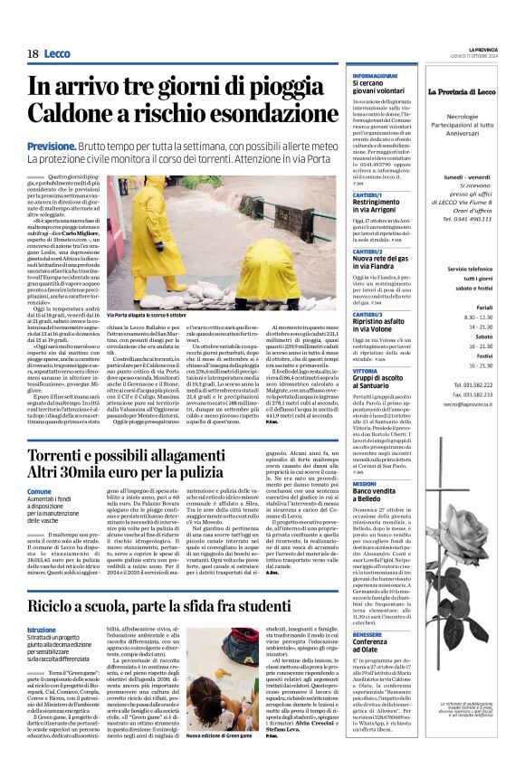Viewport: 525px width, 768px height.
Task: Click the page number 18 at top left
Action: coord(33,54)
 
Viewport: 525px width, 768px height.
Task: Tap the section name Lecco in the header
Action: coord(62,54)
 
